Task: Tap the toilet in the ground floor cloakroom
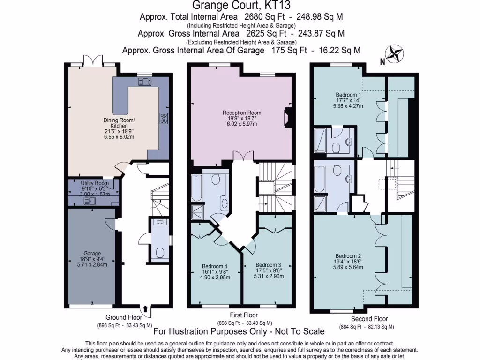point(159,254)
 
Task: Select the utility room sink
point(89,201)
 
